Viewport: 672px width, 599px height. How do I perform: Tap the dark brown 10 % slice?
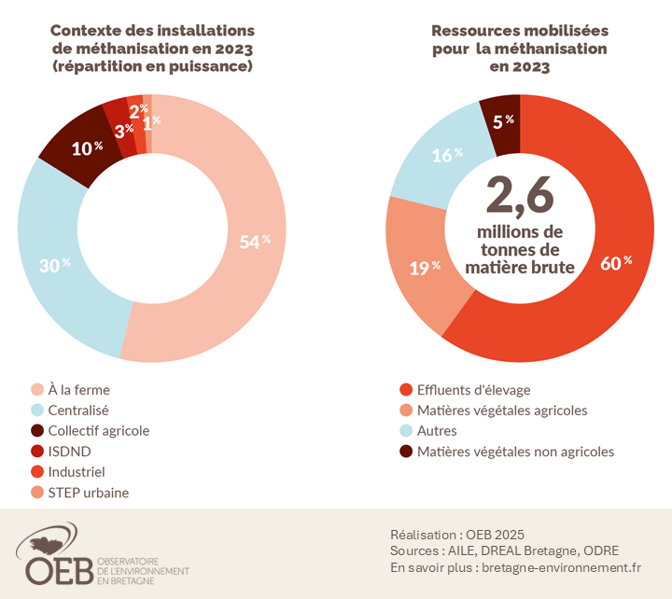click(x=85, y=147)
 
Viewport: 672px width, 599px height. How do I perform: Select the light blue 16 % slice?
click(x=446, y=155)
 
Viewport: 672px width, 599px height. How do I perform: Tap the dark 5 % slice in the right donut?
click(x=502, y=121)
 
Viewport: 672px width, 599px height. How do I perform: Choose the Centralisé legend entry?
click(x=83, y=411)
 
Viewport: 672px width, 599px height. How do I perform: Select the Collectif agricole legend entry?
click(x=98, y=431)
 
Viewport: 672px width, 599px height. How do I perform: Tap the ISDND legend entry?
click(x=69, y=452)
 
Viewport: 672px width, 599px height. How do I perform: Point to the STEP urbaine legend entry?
click(x=88, y=493)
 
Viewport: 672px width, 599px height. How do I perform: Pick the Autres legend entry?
click(x=439, y=431)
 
